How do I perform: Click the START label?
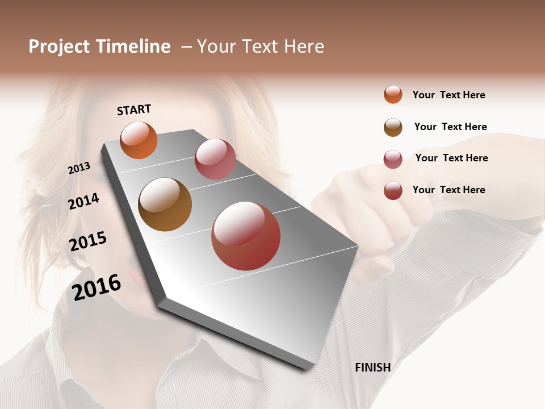(134, 110)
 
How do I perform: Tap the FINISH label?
(372, 368)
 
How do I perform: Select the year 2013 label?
(79, 168)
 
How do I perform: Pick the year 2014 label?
(83, 201)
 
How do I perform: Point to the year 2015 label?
(88, 241)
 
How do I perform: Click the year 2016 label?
(97, 287)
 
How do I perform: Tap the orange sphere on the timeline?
(139, 140)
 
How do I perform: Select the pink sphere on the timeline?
(215, 159)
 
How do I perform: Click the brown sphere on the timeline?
(165, 204)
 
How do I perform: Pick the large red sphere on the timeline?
(246, 236)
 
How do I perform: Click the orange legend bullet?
(393, 94)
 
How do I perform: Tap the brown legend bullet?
(393, 127)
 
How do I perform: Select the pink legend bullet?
(393, 159)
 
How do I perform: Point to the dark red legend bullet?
(393, 190)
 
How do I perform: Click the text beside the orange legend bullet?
(448, 95)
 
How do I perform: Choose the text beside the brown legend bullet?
(450, 127)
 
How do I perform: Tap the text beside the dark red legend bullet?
(448, 190)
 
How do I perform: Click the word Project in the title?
(60, 47)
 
